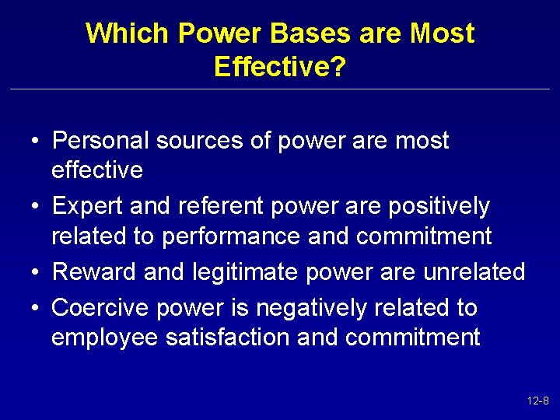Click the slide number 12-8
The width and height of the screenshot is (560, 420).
pyautogui.click(x=537, y=401)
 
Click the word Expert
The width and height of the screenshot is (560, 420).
pyautogui.click(x=87, y=207)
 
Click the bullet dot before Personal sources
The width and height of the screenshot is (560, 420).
pyautogui.click(x=37, y=142)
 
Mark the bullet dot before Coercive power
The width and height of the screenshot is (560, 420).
pyautogui.click(x=37, y=309)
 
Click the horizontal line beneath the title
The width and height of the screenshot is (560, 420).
pyautogui.click(x=280, y=89)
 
